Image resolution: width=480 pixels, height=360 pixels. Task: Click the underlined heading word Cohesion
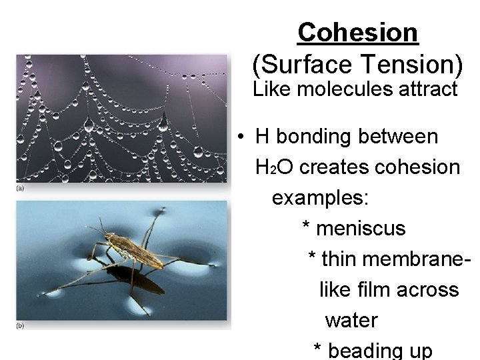(x=358, y=32)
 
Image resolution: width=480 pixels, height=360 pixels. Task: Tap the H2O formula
(x=274, y=167)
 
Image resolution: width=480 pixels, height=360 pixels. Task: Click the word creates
(x=329, y=167)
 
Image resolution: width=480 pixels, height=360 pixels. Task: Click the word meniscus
(x=361, y=229)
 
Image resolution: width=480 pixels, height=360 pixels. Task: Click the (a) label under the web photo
(x=21, y=189)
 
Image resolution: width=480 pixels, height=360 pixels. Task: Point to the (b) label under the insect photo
(x=21, y=325)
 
